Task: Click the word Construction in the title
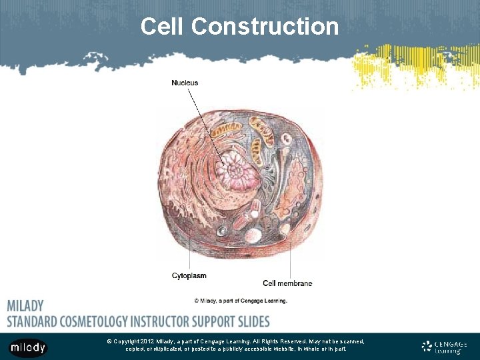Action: pyautogui.click(x=265, y=27)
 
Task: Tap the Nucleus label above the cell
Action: pyautogui.click(x=185, y=83)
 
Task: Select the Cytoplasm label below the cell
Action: pyautogui.click(x=189, y=275)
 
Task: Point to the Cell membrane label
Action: pyautogui.click(x=287, y=283)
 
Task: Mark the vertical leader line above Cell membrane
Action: pyautogui.click(x=289, y=257)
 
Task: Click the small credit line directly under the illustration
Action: pyautogui.click(x=241, y=301)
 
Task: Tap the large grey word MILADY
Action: pyautogui.click(x=25, y=306)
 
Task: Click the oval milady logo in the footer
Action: pyautogui.click(x=28, y=347)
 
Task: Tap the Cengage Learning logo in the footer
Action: pyautogui.click(x=445, y=347)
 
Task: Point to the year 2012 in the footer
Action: pyautogui.click(x=147, y=341)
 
